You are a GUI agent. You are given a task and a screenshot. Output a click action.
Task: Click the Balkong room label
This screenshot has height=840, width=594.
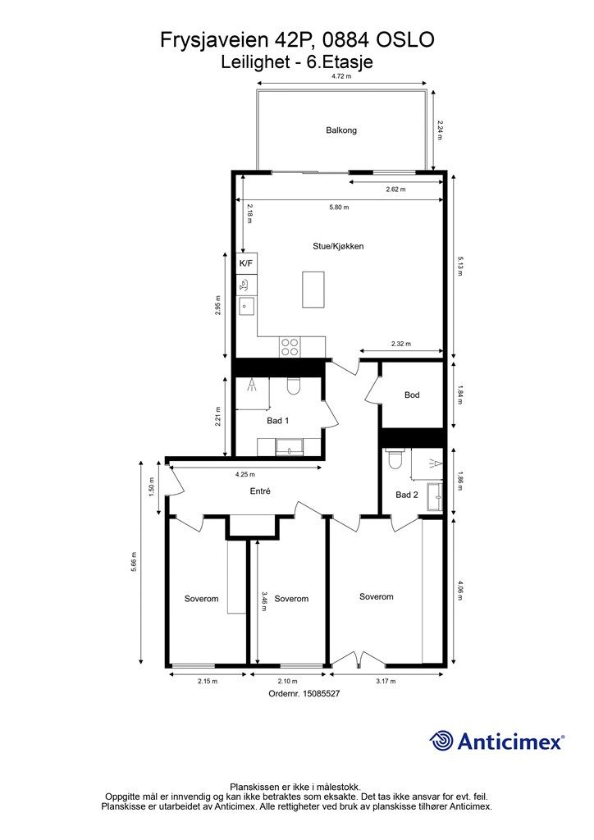click(x=341, y=130)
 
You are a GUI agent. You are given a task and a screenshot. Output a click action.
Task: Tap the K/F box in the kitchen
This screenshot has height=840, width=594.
click(x=246, y=263)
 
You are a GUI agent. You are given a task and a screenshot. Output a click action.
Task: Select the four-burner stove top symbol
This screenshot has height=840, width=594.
click(x=290, y=347)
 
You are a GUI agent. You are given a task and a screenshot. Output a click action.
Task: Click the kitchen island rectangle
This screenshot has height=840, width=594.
click(x=313, y=290)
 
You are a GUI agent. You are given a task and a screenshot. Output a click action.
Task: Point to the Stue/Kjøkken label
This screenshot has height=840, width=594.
click(x=339, y=246)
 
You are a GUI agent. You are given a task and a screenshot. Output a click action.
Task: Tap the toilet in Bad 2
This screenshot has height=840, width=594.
click(x=395, y=459)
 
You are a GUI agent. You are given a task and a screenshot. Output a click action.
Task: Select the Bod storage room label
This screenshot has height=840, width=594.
click(x=412, y=395)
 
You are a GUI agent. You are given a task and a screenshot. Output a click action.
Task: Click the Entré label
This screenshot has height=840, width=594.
click(x=260, y=491)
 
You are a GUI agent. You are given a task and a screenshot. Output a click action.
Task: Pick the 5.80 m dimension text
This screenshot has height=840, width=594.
click(x=339, y=208)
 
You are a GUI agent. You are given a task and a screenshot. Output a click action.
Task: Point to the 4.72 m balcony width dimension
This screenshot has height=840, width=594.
click(x=341, y=76)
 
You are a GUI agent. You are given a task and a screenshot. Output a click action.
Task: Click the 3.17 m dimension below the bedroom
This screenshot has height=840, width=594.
click(x=386, y=682)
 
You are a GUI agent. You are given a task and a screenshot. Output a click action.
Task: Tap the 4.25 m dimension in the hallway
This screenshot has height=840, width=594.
click(x=245, y=475)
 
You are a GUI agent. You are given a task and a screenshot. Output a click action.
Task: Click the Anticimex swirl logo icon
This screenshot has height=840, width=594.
click(x=441, y=741)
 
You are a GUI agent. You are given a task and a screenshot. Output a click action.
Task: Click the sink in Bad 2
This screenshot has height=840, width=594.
click(x=436, y=498)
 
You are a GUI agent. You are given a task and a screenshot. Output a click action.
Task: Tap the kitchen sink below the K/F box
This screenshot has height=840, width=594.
click(x=246, y=306)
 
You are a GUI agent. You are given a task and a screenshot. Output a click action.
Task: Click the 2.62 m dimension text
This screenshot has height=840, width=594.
click(x=395, y=189)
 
